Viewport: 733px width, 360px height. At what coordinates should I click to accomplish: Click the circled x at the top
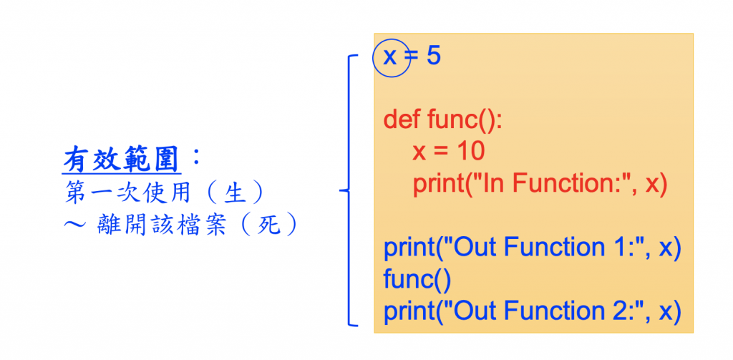tap(390, 57)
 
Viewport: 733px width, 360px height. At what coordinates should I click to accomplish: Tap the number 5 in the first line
tap(433, 57)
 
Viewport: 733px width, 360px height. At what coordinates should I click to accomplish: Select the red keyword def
tap(402, 119)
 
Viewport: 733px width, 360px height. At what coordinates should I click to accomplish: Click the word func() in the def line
tap(465, 119)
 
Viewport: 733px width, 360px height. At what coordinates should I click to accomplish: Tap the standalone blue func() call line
tap(417, 279)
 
